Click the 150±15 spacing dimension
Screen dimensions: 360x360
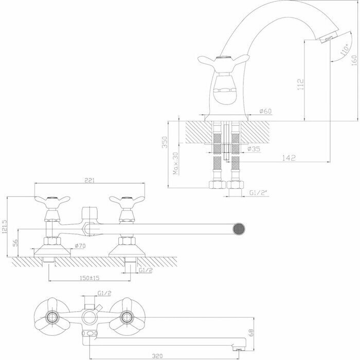[89, 278]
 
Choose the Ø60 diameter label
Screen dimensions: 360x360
[265, 111]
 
